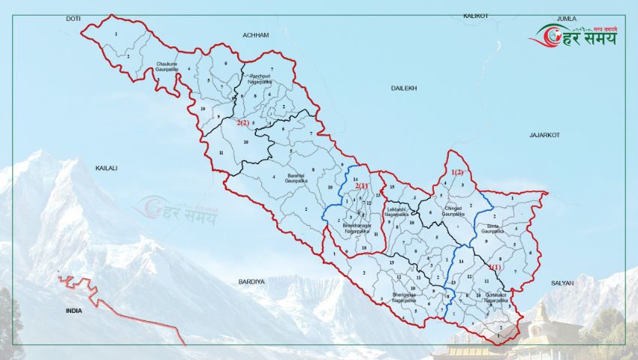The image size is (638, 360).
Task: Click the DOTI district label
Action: [x=73, y=17]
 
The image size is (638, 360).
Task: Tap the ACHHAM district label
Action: [x=255, y=35]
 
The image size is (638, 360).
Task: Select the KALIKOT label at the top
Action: [x=476, y=15]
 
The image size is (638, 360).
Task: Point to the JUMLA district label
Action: [x=566, y=17]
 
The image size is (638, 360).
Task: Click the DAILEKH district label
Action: [x=403, y=88]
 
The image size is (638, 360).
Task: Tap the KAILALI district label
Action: [x=107, y=169]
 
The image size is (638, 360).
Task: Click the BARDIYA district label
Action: [x=251, y=281]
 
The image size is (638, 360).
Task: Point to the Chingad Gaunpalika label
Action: [x=453, y=211]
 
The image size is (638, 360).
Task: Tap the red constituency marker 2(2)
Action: [x=243, y=121]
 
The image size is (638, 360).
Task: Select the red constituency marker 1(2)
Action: [x=457, y=172]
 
